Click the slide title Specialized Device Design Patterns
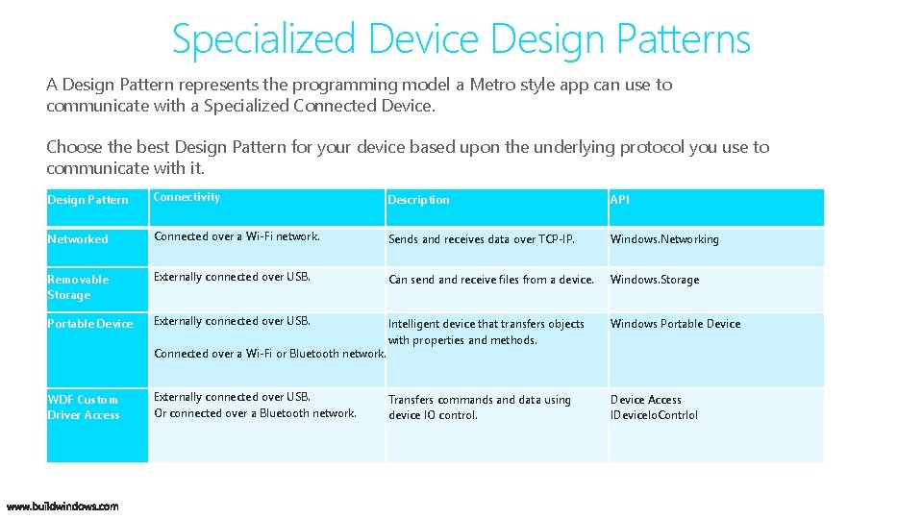click(461, 39)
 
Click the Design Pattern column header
click(87, 200)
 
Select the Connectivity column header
click(187, 197)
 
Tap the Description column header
click(418, 200)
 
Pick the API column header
click(620, 200)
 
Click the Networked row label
click(78, 239)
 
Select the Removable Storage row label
click(78, 287)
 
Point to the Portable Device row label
click(90, 324)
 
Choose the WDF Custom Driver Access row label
click(84, 408)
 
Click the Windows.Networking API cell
click(664, 239)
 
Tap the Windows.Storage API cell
click(655, 280)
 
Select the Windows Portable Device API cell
click(675, 324)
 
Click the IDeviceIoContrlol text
click(654, 415)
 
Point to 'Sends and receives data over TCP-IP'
click(481, 239)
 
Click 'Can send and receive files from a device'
click(490, 280)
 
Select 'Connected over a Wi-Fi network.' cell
click(237, 236)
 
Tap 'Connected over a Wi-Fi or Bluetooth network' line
click(269, 354)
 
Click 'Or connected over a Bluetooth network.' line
click(255, 413)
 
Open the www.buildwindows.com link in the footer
click(62, 507)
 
